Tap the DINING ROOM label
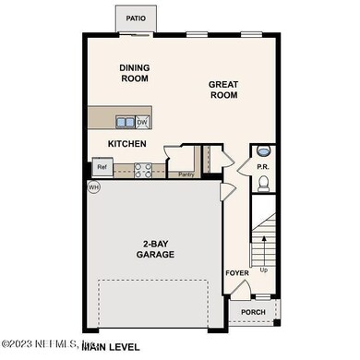[x=134, y=73]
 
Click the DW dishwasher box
[x=142, y=122]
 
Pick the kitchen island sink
[x=124, y=122]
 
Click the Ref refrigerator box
[x=102, y=168]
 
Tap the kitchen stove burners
[x=143, y=168]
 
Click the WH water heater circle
[x=93, y=187]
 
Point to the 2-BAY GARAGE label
[x=156, y=248]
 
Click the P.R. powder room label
[x=262, y=168]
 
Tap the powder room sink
[x=263, y=150]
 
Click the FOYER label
[x=236, y=273]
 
